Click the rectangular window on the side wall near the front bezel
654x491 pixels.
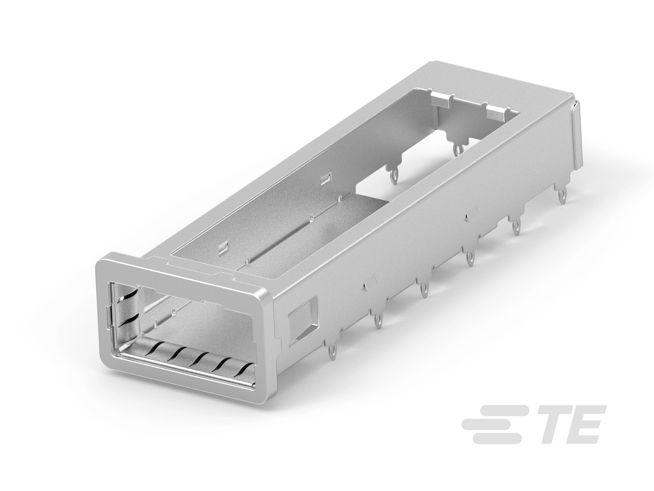point(304,323)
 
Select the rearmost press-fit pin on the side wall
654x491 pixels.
point(562,195)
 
